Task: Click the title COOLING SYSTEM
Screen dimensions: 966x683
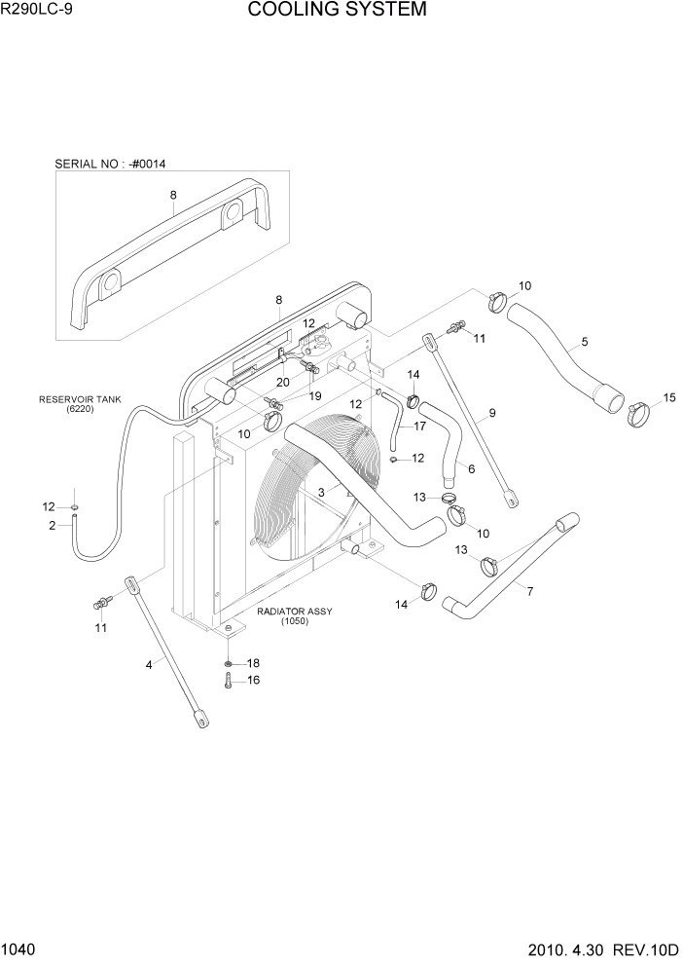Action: [337, 11]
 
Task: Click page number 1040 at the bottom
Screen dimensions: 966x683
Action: [18, 947]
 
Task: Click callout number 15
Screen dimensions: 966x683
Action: [668, 397]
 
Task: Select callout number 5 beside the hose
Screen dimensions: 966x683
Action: [584, 342]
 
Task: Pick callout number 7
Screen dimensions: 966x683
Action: [529, 591]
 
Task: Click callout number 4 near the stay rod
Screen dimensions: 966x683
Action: [149, 665]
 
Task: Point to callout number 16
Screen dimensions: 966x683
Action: [254, 681]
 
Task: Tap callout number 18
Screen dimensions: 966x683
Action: [254, 662]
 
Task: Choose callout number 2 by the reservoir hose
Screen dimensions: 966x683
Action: [52, 526]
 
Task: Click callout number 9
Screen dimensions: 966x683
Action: [492, 413]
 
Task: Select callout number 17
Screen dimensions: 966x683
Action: [419, 426]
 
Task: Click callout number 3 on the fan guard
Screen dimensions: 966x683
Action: [320, 493]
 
